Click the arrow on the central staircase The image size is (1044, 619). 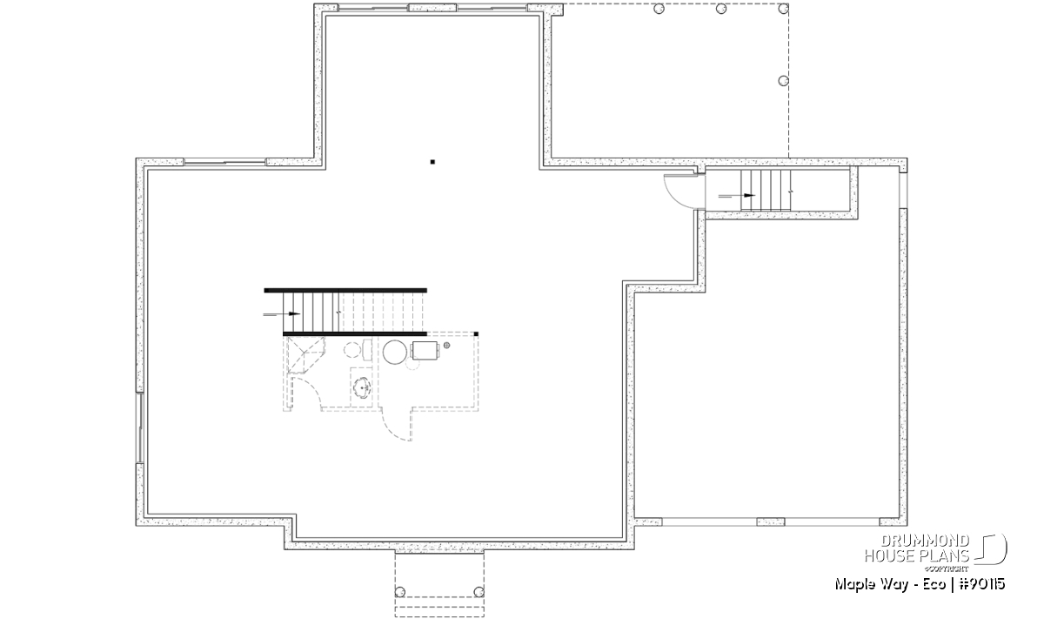[282, 314]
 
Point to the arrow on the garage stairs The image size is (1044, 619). [736, 195]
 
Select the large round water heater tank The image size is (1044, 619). [395, 353]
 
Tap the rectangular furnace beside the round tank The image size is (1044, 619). [425, 350]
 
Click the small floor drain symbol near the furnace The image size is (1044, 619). [446, 345]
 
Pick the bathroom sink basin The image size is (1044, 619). [362, 387]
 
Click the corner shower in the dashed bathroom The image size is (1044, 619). [305, 355]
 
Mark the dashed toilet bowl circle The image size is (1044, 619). [352, 349]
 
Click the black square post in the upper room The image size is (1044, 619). [432, 162]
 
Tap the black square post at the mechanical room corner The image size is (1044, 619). [476, 334]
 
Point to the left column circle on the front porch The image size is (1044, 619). [400, 592]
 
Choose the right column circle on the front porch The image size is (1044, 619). [478, 592]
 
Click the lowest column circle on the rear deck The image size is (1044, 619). [784, 81]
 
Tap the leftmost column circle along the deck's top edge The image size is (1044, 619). [659, 9]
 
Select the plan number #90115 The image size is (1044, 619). [982, 584]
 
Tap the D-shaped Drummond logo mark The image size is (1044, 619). [992, 549]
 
